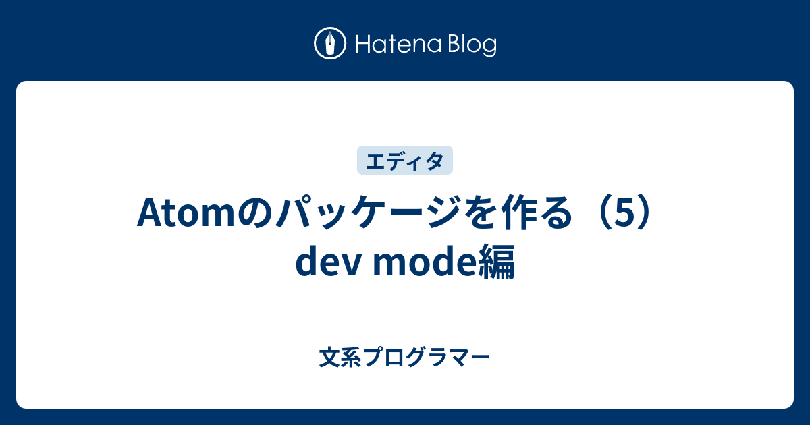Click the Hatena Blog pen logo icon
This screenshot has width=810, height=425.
point(330,43)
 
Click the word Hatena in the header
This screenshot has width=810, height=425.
point(399,45)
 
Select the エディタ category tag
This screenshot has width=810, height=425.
point(404,161)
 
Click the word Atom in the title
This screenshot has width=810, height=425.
point(186,213)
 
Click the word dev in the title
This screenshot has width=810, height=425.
point(328,262)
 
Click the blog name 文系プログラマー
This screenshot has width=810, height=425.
point(404,357)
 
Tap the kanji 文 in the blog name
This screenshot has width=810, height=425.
point(329,357)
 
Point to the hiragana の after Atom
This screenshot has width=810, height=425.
point(255,213)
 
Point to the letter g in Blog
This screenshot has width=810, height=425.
point(489,49)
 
